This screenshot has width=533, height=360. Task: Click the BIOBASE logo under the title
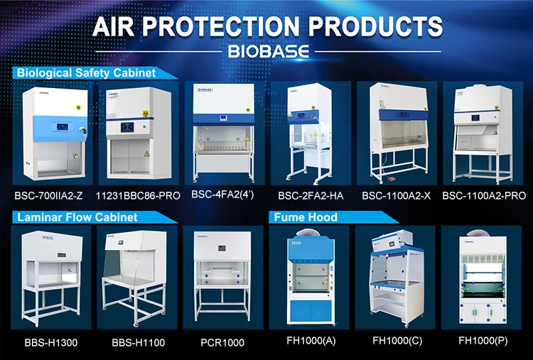pos(266,53)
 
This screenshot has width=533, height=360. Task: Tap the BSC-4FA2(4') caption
pos(225,192)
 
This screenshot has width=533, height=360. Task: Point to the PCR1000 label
pos(222,342)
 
